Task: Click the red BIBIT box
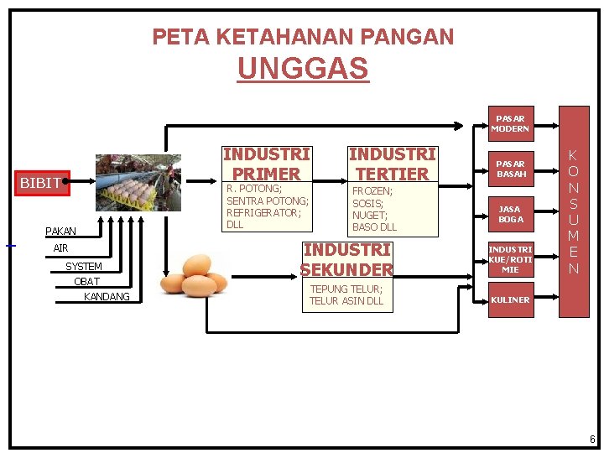pyautogui.click(x=41, y=182)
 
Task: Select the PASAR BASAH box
pyautogui.click(x=510, y=169)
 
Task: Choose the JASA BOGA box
pyautogui.click(x=510, y=214)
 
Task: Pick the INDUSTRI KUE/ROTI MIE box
pyautogui.click(x=510, y=259)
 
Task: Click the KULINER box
pyautogui.click(x=510, y=299)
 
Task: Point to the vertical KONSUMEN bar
pyautogui.click(x=574, y=211)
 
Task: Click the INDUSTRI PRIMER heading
pyautogui.click(x=266, y=164)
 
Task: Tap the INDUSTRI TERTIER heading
pyautogui.click(x=392, y=164)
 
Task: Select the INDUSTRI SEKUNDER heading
pyautogui.click(x=346, y=260)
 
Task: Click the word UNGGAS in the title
pyautogui.click(x=303, y=69)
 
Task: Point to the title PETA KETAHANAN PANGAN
pyautogui.click(x=303, y=37)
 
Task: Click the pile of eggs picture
pyautogui.click(x=194, y=273)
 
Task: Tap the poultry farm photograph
pyautogui.click(x=138, y=182)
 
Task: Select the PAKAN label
pyautogui.click(x=60, y=231)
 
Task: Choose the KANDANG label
pyautogui.click(x=107, y=297)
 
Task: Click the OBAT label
pyautogui.click(x=86, y=281)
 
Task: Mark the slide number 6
pyautogui.click(x=592, y=440)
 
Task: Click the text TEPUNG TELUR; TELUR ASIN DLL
pyautogui.click(x=346, y=294)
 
